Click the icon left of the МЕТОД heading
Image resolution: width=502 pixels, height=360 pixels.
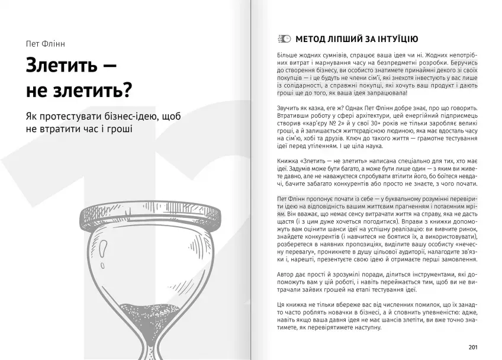(x=284, y=39)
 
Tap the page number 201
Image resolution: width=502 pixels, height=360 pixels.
(x=472, y=347)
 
